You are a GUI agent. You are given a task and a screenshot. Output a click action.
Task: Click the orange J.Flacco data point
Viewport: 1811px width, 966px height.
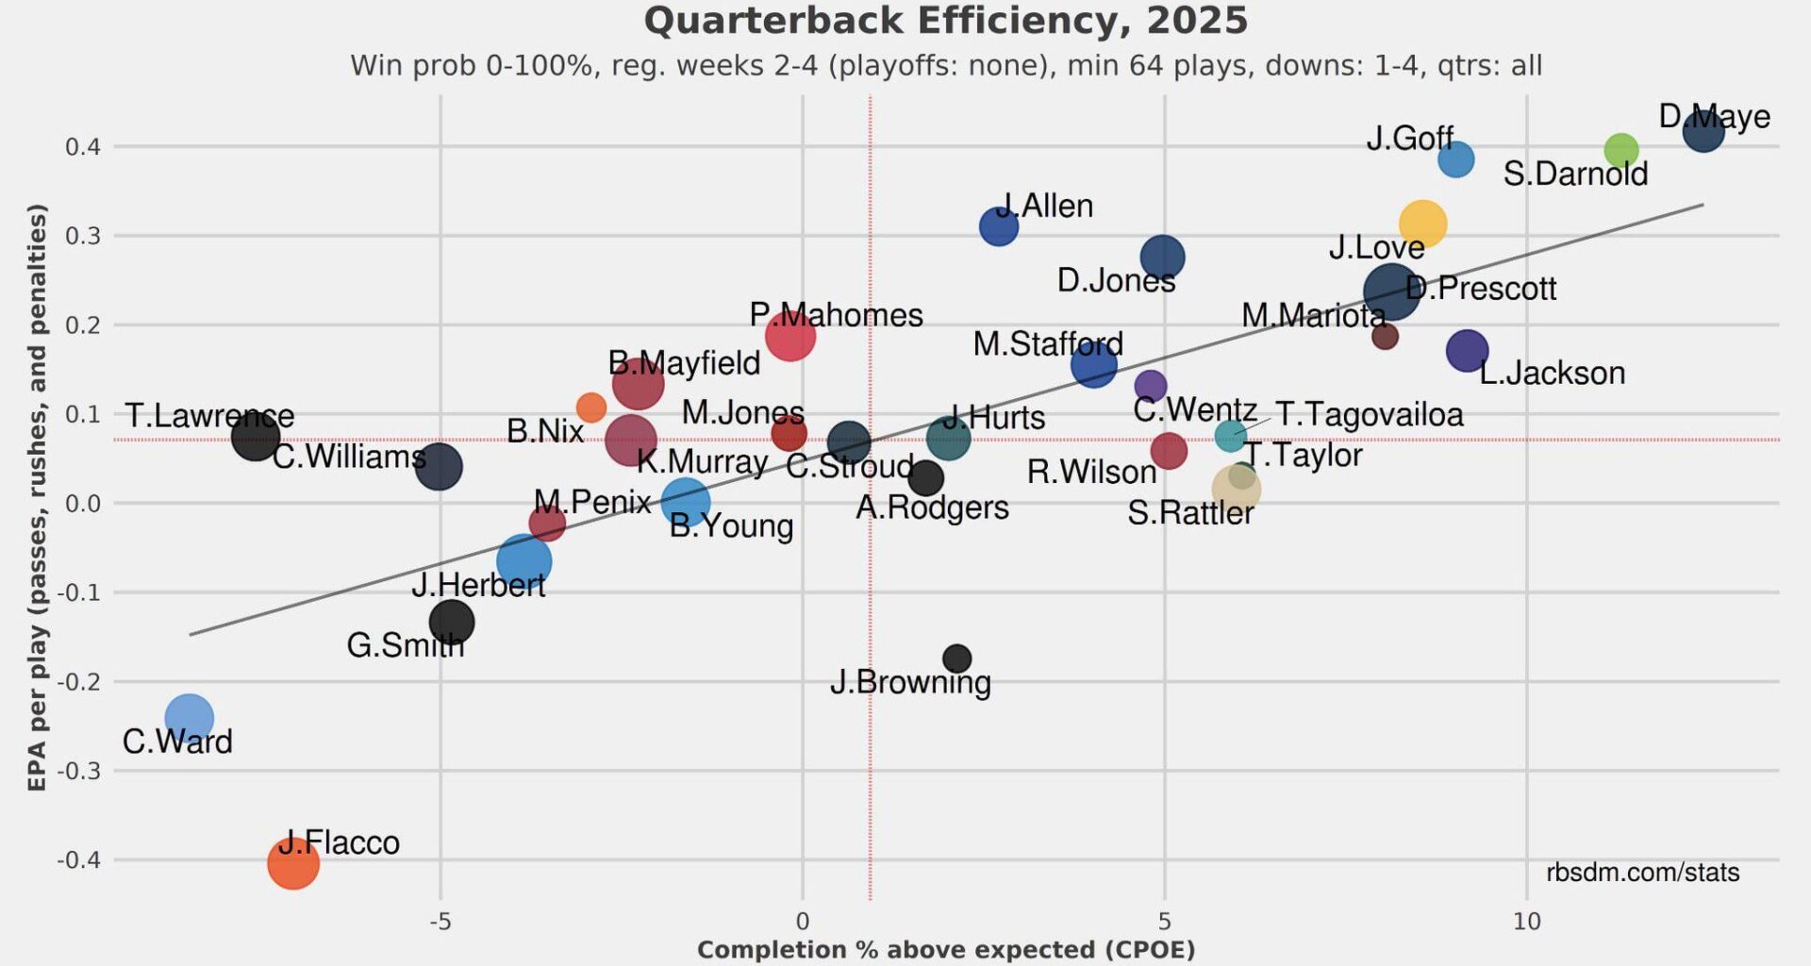click(x=293, y=862)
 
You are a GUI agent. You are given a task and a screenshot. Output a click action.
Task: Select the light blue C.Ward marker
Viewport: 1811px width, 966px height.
click(x=189, y=718)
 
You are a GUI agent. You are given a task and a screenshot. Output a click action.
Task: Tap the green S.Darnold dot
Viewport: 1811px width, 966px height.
click(x=1620, y=150)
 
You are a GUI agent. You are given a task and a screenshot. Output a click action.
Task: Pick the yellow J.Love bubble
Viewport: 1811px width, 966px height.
click(x=1422, y=224)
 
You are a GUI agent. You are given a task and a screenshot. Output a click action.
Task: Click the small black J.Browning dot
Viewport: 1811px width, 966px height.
click(x=956, y=658)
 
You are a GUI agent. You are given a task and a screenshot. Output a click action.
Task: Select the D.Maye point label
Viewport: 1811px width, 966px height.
click(x=1714, y=117)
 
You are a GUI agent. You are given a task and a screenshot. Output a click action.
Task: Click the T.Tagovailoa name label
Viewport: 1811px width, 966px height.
click(x=1369, y=414)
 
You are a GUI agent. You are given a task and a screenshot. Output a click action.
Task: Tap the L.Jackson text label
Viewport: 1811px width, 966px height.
click(x=1552, y=373)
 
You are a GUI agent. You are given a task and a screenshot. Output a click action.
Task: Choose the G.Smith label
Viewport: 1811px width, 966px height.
click(x=406, y=645)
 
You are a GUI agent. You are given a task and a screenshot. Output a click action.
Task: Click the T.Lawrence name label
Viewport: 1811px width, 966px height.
click(x=209, y=415)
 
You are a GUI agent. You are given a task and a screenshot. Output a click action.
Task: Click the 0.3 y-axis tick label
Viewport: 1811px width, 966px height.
click(x=83, y=235)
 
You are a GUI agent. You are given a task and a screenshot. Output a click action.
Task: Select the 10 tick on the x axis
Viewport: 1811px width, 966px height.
click(x=1526, y=922)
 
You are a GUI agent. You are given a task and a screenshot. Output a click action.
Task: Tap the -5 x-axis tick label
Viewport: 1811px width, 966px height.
click(x=440, y=922)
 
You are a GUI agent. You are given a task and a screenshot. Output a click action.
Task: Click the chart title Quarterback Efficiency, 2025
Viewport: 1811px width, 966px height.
click(x=945, y=21)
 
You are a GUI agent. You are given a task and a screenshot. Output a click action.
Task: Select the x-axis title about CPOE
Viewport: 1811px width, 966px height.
click(x=945, y=950)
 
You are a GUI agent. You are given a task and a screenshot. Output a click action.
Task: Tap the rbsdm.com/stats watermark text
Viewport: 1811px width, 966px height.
click(x=1642, y=872)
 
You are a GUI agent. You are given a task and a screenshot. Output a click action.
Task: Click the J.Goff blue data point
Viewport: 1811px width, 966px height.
click(x=1455, y=158)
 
